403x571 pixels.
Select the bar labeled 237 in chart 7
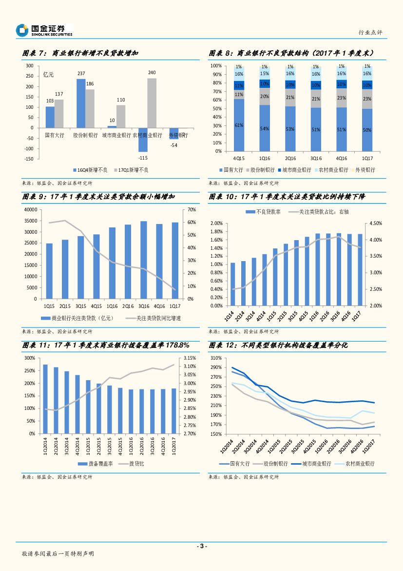[x=81, y=103]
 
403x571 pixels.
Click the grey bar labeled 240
[x=152, y=102]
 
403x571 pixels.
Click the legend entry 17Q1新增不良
[x=131, y=170]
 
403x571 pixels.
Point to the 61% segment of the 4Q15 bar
[x=239, y=125]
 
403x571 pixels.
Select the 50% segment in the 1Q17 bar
[x=367, y=130]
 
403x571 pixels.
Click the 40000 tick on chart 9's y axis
[x=30, y=209]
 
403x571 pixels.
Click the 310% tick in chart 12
[x=216, y=358]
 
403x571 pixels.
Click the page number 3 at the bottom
[x=201, y=546]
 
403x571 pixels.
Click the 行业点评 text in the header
[x=370, y=32]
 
